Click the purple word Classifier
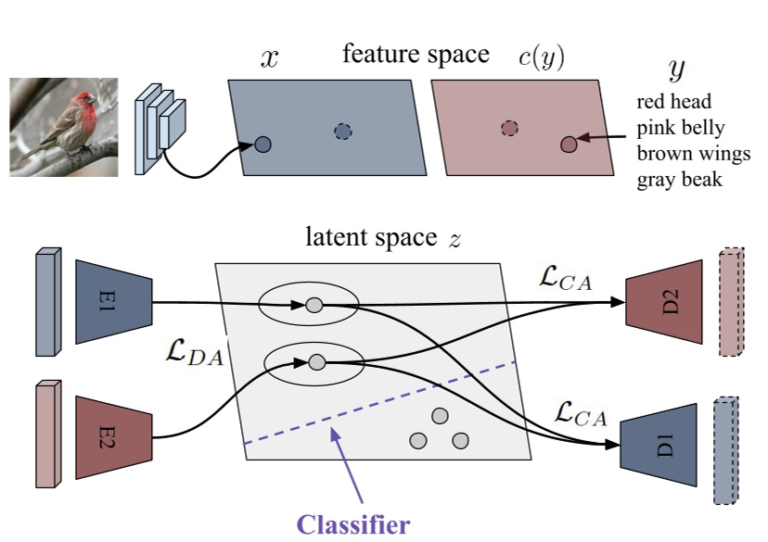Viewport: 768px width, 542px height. point(352,525)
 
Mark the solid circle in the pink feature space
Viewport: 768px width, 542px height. point(569,144)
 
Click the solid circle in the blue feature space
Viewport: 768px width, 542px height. point(262,145)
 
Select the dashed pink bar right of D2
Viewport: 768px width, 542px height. point(731,301)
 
